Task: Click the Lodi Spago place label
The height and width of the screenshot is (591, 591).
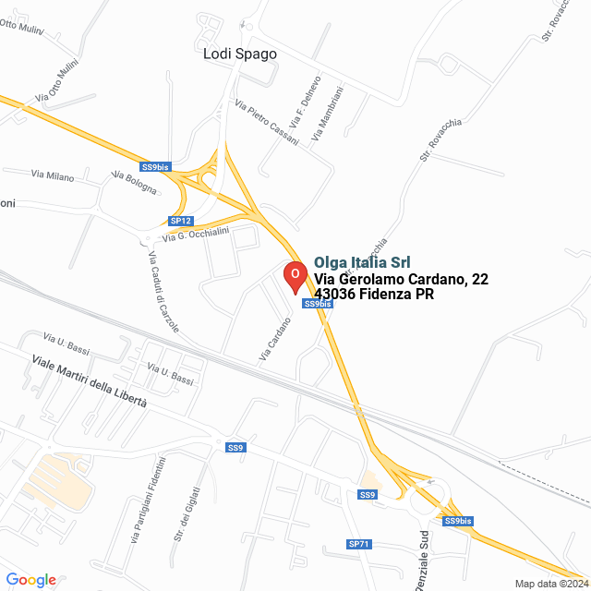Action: pos(240,54)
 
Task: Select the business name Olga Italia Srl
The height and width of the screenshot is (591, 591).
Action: pos(362,262)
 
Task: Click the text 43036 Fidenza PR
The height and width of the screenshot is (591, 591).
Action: pos(374,295)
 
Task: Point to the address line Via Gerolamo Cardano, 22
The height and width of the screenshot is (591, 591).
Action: pos(401,279)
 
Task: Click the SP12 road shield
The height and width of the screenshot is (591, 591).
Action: pos(181,221)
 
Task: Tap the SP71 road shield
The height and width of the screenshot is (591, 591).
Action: pos(359,544)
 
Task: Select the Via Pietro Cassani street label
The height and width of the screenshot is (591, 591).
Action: pos(267,122)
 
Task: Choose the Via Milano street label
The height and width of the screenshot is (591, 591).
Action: pos(53,175)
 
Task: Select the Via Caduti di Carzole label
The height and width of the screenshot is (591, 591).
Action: pos(163,293)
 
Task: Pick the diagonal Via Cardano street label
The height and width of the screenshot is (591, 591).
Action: pos(274,338)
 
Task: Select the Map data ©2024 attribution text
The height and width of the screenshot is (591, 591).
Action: pos(550,584)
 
